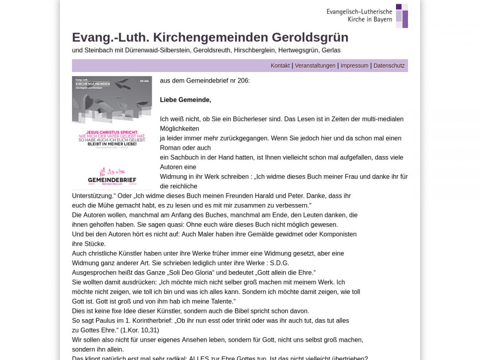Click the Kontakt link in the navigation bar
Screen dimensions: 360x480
pos(280,66)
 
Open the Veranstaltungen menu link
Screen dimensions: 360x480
pos(315,66)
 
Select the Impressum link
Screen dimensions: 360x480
pos(354,66)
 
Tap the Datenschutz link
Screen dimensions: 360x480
pos(389,66)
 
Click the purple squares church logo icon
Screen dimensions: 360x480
pos(402,16)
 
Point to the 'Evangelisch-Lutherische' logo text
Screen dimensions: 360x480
pos(359,11)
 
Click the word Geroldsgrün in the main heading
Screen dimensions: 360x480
pos(310,37)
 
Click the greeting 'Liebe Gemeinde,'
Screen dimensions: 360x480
pos(185,100)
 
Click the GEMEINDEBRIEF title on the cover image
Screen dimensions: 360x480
pos(112,180)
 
